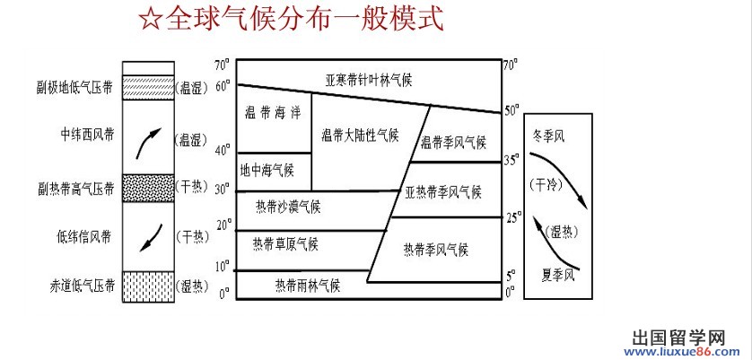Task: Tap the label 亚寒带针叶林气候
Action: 368,80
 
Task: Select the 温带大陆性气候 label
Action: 359,136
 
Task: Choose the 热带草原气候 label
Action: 285,243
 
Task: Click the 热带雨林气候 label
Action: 308,285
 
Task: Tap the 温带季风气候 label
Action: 452,142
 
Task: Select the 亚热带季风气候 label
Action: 443,192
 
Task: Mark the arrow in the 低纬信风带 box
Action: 149,238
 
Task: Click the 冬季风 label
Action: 548,136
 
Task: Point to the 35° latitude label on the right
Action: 512,160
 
